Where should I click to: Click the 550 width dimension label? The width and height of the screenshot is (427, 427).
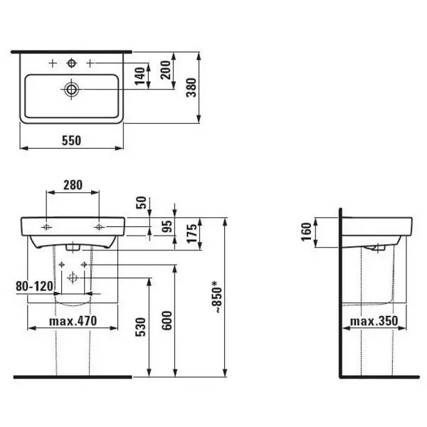point(71,140)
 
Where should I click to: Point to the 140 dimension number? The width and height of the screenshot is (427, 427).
point(141,73)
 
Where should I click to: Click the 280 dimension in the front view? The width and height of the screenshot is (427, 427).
point(72,185)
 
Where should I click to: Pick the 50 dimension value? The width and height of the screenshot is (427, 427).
point(141,204)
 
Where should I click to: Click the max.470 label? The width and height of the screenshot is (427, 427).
point(73,322)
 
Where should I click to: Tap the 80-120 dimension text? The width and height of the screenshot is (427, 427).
point(33,286)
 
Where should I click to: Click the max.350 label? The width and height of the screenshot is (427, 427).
point(372,322)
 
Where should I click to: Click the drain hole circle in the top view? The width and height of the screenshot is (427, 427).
point(70,90)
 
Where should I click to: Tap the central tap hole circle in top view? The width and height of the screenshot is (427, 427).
point(70,63)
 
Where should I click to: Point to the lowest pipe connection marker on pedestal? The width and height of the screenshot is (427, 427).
point(72,279)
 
